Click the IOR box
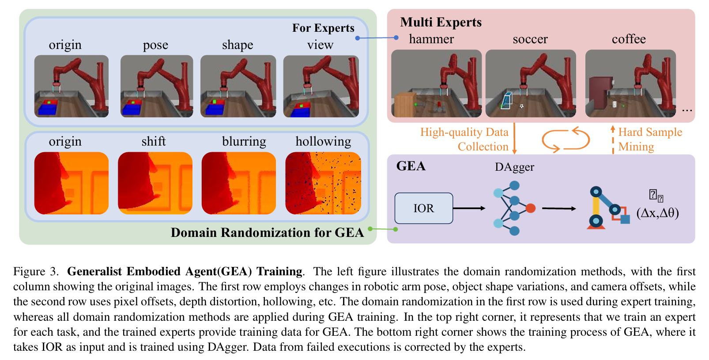pyautogui.click(x=423, y=208)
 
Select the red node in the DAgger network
pyautogui.click(x=531, y=208)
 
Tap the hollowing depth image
pyautogui.click(x=323, y=183)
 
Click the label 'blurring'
pyautogui.click(x=244, y=142)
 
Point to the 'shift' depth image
pyautogui.click(x=155, y=183)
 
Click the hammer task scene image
pyautogui.click(x=437, y=83)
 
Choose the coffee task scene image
pyautogui.click(x=630, y=83)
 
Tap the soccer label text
pyautogui.click(x=530, y=39)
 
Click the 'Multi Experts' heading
pyautogui.click(x=441, y=22)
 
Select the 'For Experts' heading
pyautogui.click(x=323, y=28)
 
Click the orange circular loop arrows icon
pyautogui.click(x=566, y=139)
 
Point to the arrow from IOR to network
pyautogui.click(x=469, y=208)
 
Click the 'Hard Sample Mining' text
pyautogui.click(x=650, y=139)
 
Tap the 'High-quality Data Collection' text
pyautogui.click(x=464, y=139)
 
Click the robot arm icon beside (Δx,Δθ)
pyautogui.click(x=608, y=208)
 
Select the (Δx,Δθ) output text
pyautogui.click(x=658, y=213)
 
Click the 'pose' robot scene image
pyautogui.click(x=157, y=86)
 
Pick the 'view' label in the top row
pyautogui.click(x=321, y=45)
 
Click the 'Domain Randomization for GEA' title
pyautogui.click(x=268, y=232)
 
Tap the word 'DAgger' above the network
pyautogui.click(x=514, y=167)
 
